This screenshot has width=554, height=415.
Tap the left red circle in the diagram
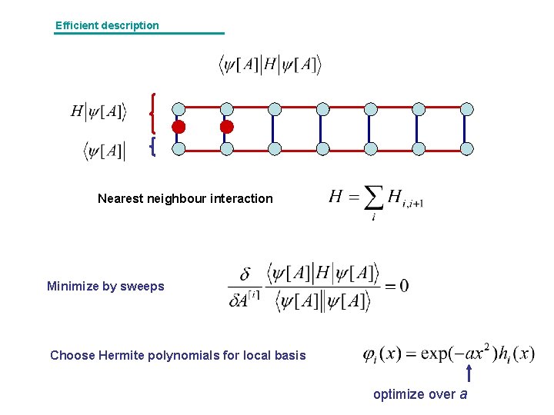pyautogui.click(x=179, y=127)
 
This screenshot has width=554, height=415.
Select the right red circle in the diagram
pyautogui.click(x=226, y=127)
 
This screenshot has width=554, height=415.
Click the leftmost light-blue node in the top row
pyautogui.click(x=179, y=108)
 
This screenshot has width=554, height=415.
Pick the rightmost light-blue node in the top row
pyautogui.click(x=466, y=108)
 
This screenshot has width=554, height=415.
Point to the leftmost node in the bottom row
pyautogui.click(x=179, y=148)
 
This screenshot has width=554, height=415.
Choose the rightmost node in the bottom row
pyautogui.click(x=466, y=148)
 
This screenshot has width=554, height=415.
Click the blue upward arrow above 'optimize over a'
pyautogui.click(x=469, y=373)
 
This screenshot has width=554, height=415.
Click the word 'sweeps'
pyautogui.click(x=145, y=287)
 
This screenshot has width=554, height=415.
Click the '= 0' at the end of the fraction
pyautogui.click(x=397, y=286)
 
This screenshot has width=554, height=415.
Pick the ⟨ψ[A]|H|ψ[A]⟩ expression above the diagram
pyautogui.click(x=269, y=65)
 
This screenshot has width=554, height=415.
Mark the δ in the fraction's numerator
pyautogui.click(x=245, y=274)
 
